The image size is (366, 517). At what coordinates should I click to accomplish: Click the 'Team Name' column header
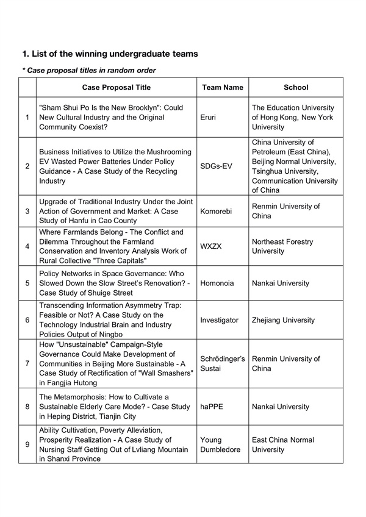click(x=222, y=87)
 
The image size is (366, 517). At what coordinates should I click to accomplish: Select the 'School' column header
click(x=296, y=87)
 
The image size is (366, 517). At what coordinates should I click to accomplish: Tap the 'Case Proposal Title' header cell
click(x=116, y=87)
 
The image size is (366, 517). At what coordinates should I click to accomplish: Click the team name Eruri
click(x=209, y=117)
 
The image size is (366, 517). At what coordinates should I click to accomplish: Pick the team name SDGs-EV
click(x=216, y=166)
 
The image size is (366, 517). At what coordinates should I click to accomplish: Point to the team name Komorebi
click(x=217, y=211)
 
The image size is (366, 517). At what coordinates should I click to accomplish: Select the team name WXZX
click(x=212, y=246)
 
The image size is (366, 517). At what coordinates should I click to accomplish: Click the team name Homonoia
click(x=218, y=283)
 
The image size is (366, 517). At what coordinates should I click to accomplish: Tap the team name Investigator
click(x=219, y=320)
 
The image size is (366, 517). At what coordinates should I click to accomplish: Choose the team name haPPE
click(x=212, y=404)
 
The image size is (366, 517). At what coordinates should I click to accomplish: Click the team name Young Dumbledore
click(x=221, y=444)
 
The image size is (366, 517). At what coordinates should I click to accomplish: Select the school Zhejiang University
click(x=283, y=320)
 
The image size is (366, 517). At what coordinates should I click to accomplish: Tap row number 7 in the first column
click(x=27, y=363)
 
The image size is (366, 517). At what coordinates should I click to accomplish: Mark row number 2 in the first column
click(x=27, y=166)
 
